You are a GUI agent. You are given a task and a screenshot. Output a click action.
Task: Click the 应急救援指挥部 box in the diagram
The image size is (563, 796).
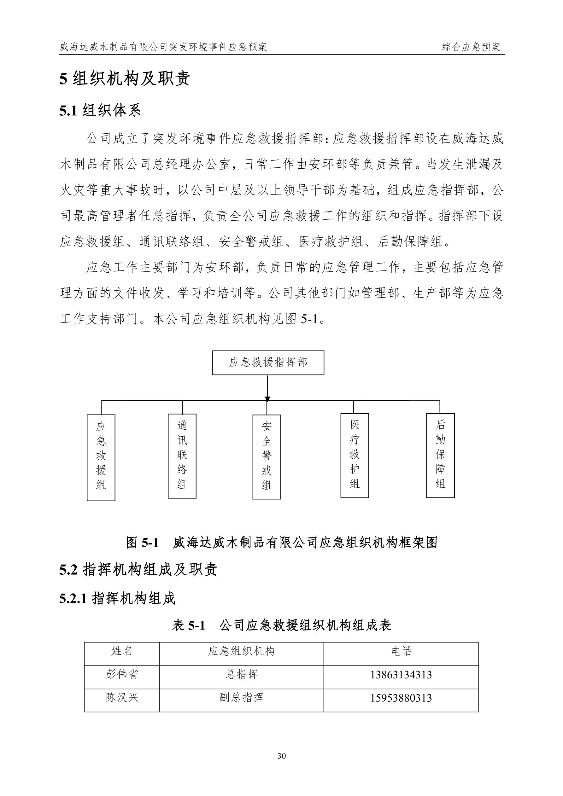(x=268, y=363)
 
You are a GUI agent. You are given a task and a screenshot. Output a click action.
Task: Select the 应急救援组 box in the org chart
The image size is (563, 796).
(x=101, y=457)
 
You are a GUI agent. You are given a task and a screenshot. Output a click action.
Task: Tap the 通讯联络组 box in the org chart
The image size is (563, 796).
(x=182, y=456)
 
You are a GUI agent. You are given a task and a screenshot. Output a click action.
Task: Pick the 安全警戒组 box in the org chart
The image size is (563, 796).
(x=267, y=456)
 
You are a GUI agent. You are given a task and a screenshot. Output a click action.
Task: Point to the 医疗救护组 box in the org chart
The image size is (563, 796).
(x=355, y=456)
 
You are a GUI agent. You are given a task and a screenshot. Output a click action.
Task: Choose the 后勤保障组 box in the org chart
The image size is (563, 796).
(x=440, y=456)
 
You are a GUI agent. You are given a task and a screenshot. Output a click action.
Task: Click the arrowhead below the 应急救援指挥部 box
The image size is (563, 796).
(x=267, y=399)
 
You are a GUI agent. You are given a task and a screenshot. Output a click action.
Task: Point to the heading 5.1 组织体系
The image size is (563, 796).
(x=100, y=111)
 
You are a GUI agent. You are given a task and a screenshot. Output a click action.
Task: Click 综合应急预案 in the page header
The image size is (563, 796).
(x=471, y=47)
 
